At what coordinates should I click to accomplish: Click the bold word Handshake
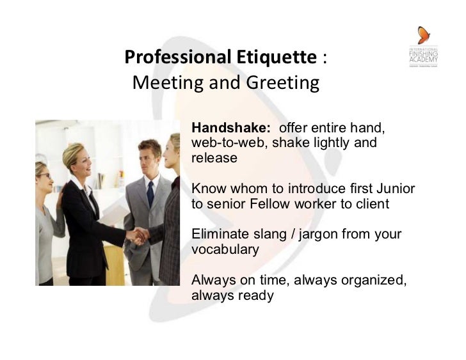click(x=230, y=128)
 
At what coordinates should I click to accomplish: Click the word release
click(x=214, y=157)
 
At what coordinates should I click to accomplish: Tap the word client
click(x=373, y=204)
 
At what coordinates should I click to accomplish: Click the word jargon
click(x=317, y=235)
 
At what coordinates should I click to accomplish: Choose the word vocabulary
click(x=225, y=249)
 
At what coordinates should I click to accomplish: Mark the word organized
click(x=371, y=280)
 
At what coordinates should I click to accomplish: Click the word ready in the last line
click(x=255, y=295)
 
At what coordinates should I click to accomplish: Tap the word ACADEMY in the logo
click(x=423, y=61)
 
